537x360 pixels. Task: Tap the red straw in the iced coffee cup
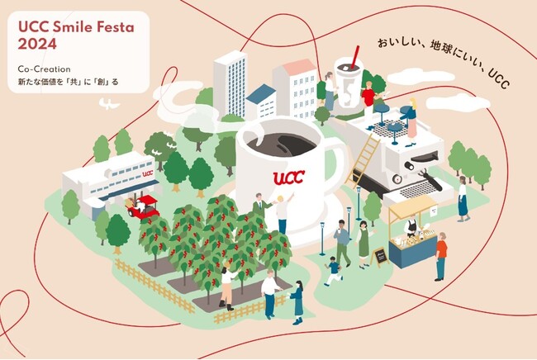coord(354,57)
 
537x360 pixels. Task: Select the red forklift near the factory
coord(143,206)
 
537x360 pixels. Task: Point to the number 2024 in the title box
coord(37,44)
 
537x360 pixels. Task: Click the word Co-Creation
coord(44,69)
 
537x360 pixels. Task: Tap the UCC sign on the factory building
coord(148,173)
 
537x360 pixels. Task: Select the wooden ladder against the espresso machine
coord(363,161)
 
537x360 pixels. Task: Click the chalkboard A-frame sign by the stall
coord(379,257)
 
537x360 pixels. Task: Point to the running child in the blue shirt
coord(333,271)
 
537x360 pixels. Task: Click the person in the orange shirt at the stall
coord(441,256)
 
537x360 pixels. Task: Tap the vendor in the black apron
coord(411,226)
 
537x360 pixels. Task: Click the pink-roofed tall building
coord(295,88)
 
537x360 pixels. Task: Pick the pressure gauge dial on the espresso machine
coord(397,178)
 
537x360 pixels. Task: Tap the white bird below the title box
coord(109,104)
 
